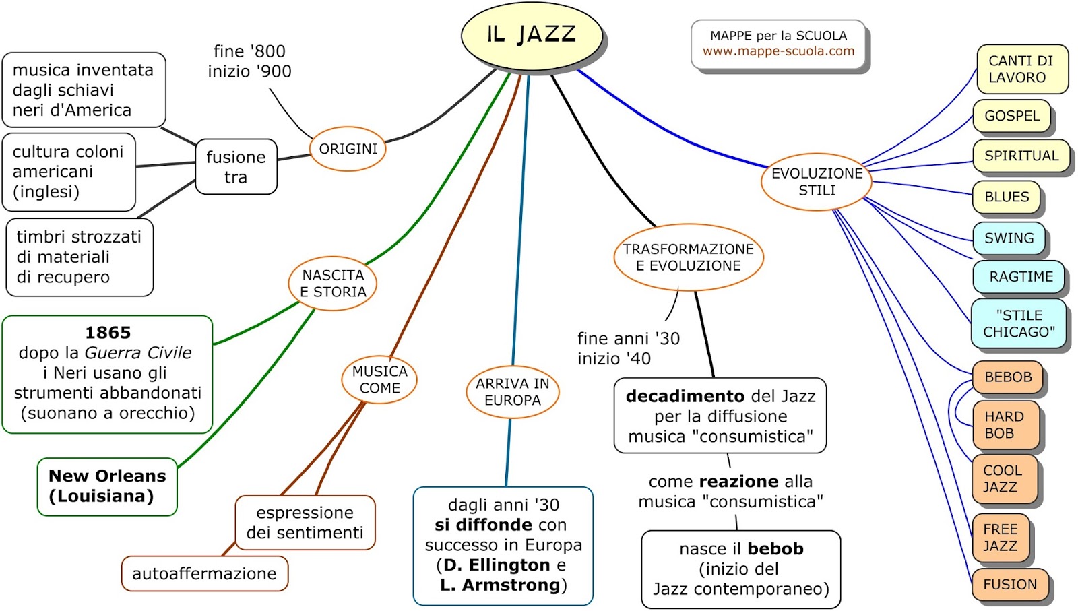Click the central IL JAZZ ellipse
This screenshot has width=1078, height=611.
[x=532, y=34]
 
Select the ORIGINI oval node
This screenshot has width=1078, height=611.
[x=348, y=149]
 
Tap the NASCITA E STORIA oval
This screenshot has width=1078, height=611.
[x=333, y=284]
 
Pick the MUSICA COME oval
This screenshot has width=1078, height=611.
[x=379, y=380]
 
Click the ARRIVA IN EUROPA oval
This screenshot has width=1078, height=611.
[x=512, y=392]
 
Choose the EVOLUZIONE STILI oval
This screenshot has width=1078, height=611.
[x=817, y=182]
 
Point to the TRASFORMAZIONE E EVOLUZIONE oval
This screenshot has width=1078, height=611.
[x=688, y=257]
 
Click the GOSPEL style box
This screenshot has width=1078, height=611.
[x=1012, y=116]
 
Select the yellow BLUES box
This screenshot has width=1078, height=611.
[x=1007, y=197]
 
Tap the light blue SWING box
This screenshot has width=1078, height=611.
[x=1009, y=238]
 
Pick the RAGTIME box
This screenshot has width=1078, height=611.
[x=1020, y=277]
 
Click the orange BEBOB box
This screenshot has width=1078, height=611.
[x=1007, y=377]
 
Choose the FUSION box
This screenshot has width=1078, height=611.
[x=1009, y=585]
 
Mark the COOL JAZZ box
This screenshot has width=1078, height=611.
[x=1003, y=479]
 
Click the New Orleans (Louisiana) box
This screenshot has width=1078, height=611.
[x=107, y=486]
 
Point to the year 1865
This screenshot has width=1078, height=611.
[x=108, y=333]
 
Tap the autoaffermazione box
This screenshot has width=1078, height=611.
[x=204, y=574]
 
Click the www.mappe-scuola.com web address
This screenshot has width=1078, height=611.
[x=778, y=51]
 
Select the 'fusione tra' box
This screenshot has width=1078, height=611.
[x=236, y=167]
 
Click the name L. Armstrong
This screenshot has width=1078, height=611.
[x=499, y=585]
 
